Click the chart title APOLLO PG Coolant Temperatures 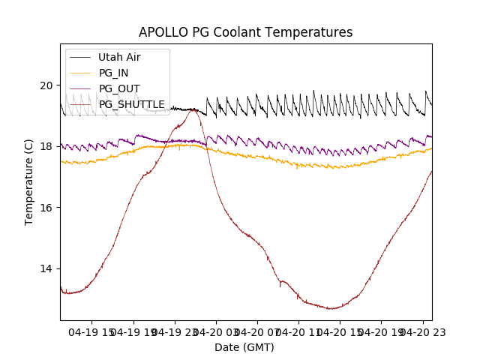coord(245,32)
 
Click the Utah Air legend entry coord(119,57)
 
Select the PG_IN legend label coord(113,73)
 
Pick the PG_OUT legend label coord(119,88)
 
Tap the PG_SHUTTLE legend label coord(131,104)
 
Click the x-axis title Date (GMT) coord(244,347)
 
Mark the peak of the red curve coord(193,109)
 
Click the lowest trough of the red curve coord(331,308)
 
